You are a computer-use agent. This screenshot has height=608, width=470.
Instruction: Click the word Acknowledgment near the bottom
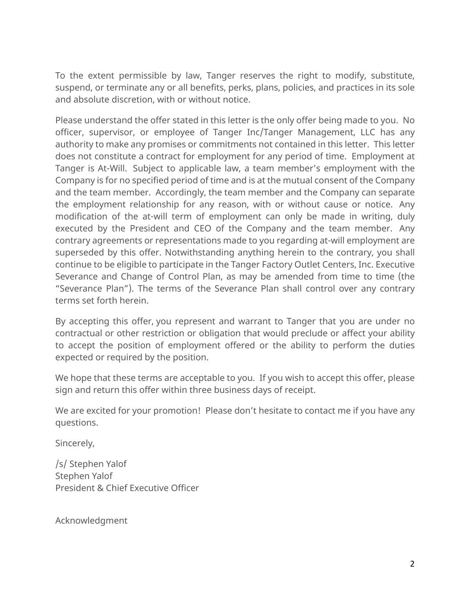(91, 521)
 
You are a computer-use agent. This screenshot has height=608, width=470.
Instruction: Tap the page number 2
(412, 564)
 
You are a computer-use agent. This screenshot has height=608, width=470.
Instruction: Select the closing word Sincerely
(75, 443)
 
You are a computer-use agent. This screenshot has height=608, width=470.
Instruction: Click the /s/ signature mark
(61, 464)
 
